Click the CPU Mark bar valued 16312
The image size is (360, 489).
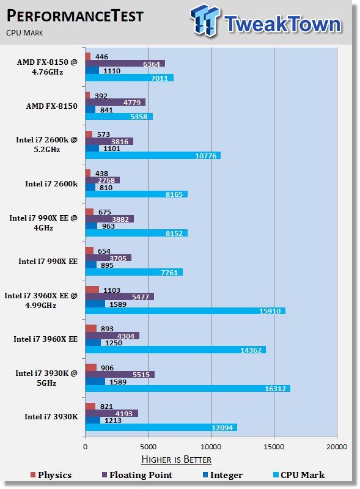(x=188, y=389)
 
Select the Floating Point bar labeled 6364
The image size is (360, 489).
(x=125, y=64)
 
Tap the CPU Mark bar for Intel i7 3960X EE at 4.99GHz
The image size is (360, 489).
(x=185, y=311)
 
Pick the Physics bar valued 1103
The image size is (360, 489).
(x=92, y=290)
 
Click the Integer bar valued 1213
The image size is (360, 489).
(x=93, y=421)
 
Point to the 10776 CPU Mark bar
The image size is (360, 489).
(x=153, y=155)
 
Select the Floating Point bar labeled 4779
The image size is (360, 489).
(x=116, y=102)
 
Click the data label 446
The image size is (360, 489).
(x=101, y=57)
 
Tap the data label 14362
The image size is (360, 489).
(x=251, y=350)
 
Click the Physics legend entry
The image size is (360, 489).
(x=51, y=475)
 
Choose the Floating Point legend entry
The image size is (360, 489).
(x=138, y=475)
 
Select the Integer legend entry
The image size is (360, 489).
(x=222, y=475)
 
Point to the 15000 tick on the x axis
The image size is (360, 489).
(x=274, y=447)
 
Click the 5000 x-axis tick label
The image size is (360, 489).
(x=148, y=447)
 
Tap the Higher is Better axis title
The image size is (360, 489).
(x=176, y=460)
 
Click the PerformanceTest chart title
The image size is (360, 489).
(x=75, y=16)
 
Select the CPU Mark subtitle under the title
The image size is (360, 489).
(x=24, y=33)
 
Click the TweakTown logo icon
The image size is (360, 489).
(x=205, y=20)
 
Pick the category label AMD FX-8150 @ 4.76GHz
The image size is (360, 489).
(x=47, y=67)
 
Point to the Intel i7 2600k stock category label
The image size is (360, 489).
(x=51, y=184)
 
